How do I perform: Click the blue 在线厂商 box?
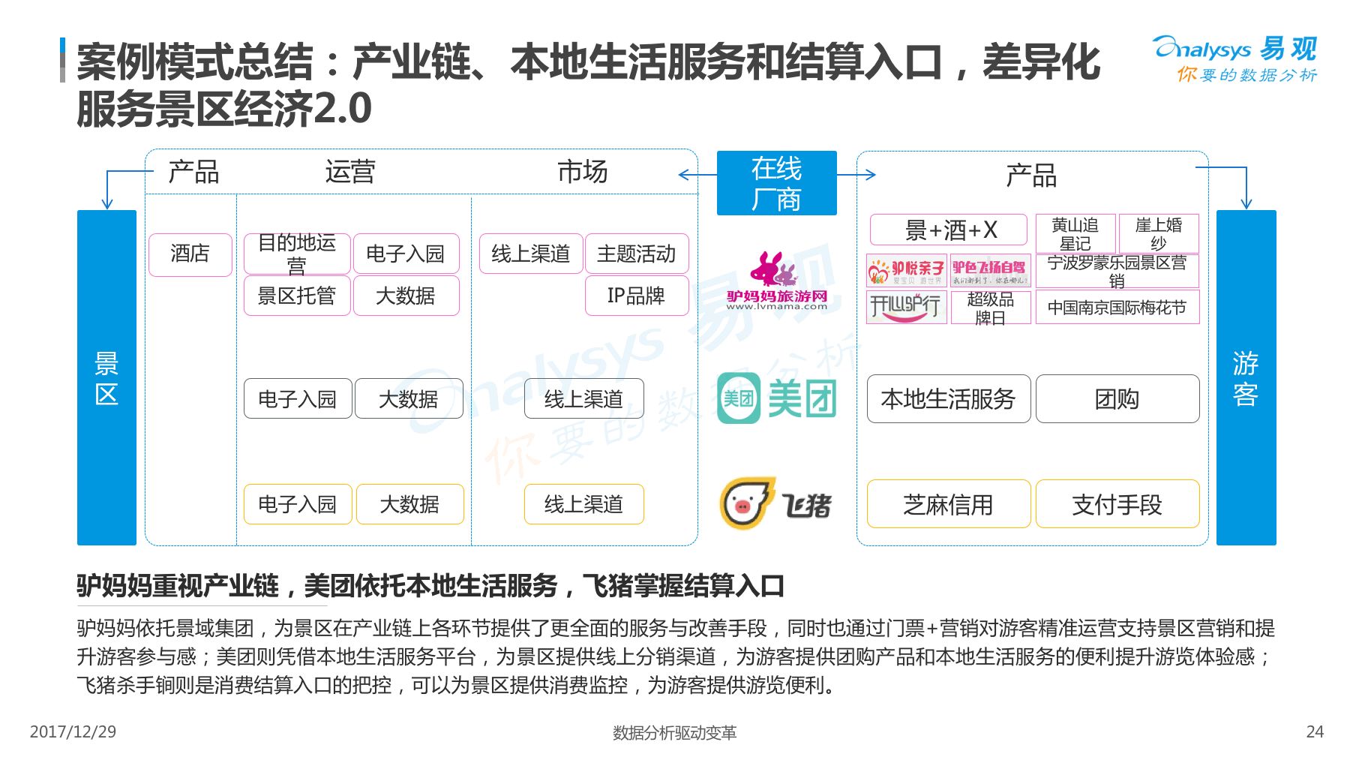[x=776, y=183]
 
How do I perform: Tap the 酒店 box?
[x=190, y=254]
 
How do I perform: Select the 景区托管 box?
[x=297, y=296]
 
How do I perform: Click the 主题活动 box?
[x=636, y=254]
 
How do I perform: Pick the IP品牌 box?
[x=636, y=296]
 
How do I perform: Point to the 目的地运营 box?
[x=297, y=254]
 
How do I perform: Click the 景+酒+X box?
[x=948, y=230]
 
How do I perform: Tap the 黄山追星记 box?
[x=1075, y=233]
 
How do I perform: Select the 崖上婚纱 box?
[x=1158, y=233]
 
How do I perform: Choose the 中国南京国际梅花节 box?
[x=1117, y=308]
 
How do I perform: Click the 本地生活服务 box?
[x=948, y=399]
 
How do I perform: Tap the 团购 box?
[x=1117, y=399]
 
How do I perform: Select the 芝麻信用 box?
[x=948, y=504]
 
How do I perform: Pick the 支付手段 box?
[x=1117, y=504]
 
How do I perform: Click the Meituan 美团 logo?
[x=776, y=398]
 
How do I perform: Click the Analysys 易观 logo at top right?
[x=1236, y=57]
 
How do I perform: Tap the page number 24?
[x=1315, y=731]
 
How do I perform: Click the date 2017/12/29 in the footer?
[x=73, y=731]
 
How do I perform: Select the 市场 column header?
[x=582, y=172]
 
